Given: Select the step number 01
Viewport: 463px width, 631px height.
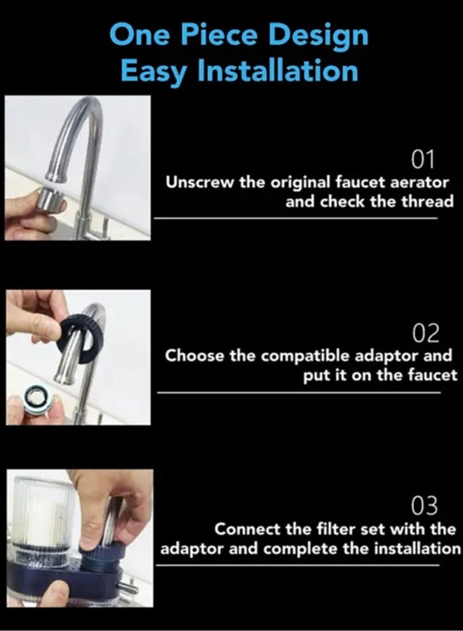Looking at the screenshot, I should pyautogui.click(x=423, y=160).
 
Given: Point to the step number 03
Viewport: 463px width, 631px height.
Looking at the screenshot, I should pyautogui.click(x=424, y=505).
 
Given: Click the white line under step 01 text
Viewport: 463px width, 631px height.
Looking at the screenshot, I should pyautogui.click(x=295, y=218).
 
